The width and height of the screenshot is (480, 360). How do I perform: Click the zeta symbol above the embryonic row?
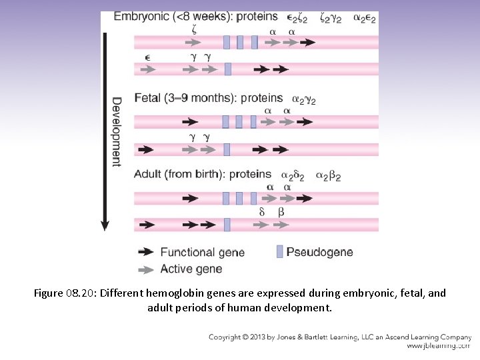pos(194,31)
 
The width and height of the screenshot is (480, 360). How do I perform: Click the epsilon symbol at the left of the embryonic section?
pos(147,57)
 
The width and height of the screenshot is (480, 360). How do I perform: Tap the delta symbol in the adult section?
pos(262,212)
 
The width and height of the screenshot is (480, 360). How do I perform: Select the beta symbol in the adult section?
pos(281,212)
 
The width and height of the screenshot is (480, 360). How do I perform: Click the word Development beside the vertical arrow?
pos(116,132)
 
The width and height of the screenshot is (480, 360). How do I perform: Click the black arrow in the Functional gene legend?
pos(145,252)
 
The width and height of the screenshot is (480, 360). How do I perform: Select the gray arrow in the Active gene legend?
pos(145,269)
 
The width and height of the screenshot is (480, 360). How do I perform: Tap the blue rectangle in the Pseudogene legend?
pos(279,251)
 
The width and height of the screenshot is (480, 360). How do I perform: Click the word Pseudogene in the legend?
pos(319,252)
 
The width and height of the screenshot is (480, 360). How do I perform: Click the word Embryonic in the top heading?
pos(141,17)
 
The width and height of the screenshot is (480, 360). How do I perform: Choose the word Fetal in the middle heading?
pos(146,98)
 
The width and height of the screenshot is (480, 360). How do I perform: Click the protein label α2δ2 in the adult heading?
pos(293,176)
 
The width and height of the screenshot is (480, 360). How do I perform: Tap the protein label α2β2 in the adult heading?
pos(329,176)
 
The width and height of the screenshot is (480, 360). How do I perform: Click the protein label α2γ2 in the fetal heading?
pos(301,99)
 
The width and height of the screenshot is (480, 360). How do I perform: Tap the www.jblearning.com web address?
pos(438,346)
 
